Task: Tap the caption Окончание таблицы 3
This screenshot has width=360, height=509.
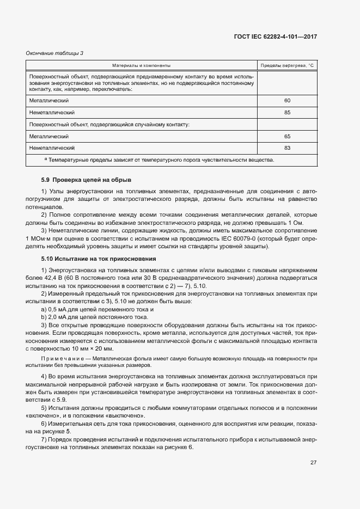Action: (55, 53)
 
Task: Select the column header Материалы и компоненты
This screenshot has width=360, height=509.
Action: (141, 65)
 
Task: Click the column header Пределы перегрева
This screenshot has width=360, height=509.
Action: (287, 65)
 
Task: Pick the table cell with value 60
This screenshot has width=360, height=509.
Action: (287, 101)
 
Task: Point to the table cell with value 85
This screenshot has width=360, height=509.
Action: (287, 113)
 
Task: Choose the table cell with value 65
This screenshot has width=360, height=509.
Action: (287, 136)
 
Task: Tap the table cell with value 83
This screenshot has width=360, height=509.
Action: (287, 148)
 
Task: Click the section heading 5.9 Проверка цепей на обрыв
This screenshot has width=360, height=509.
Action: (86, 180)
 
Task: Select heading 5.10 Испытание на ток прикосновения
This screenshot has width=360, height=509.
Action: (99, 258)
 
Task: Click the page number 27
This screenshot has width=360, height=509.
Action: (314, 462)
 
